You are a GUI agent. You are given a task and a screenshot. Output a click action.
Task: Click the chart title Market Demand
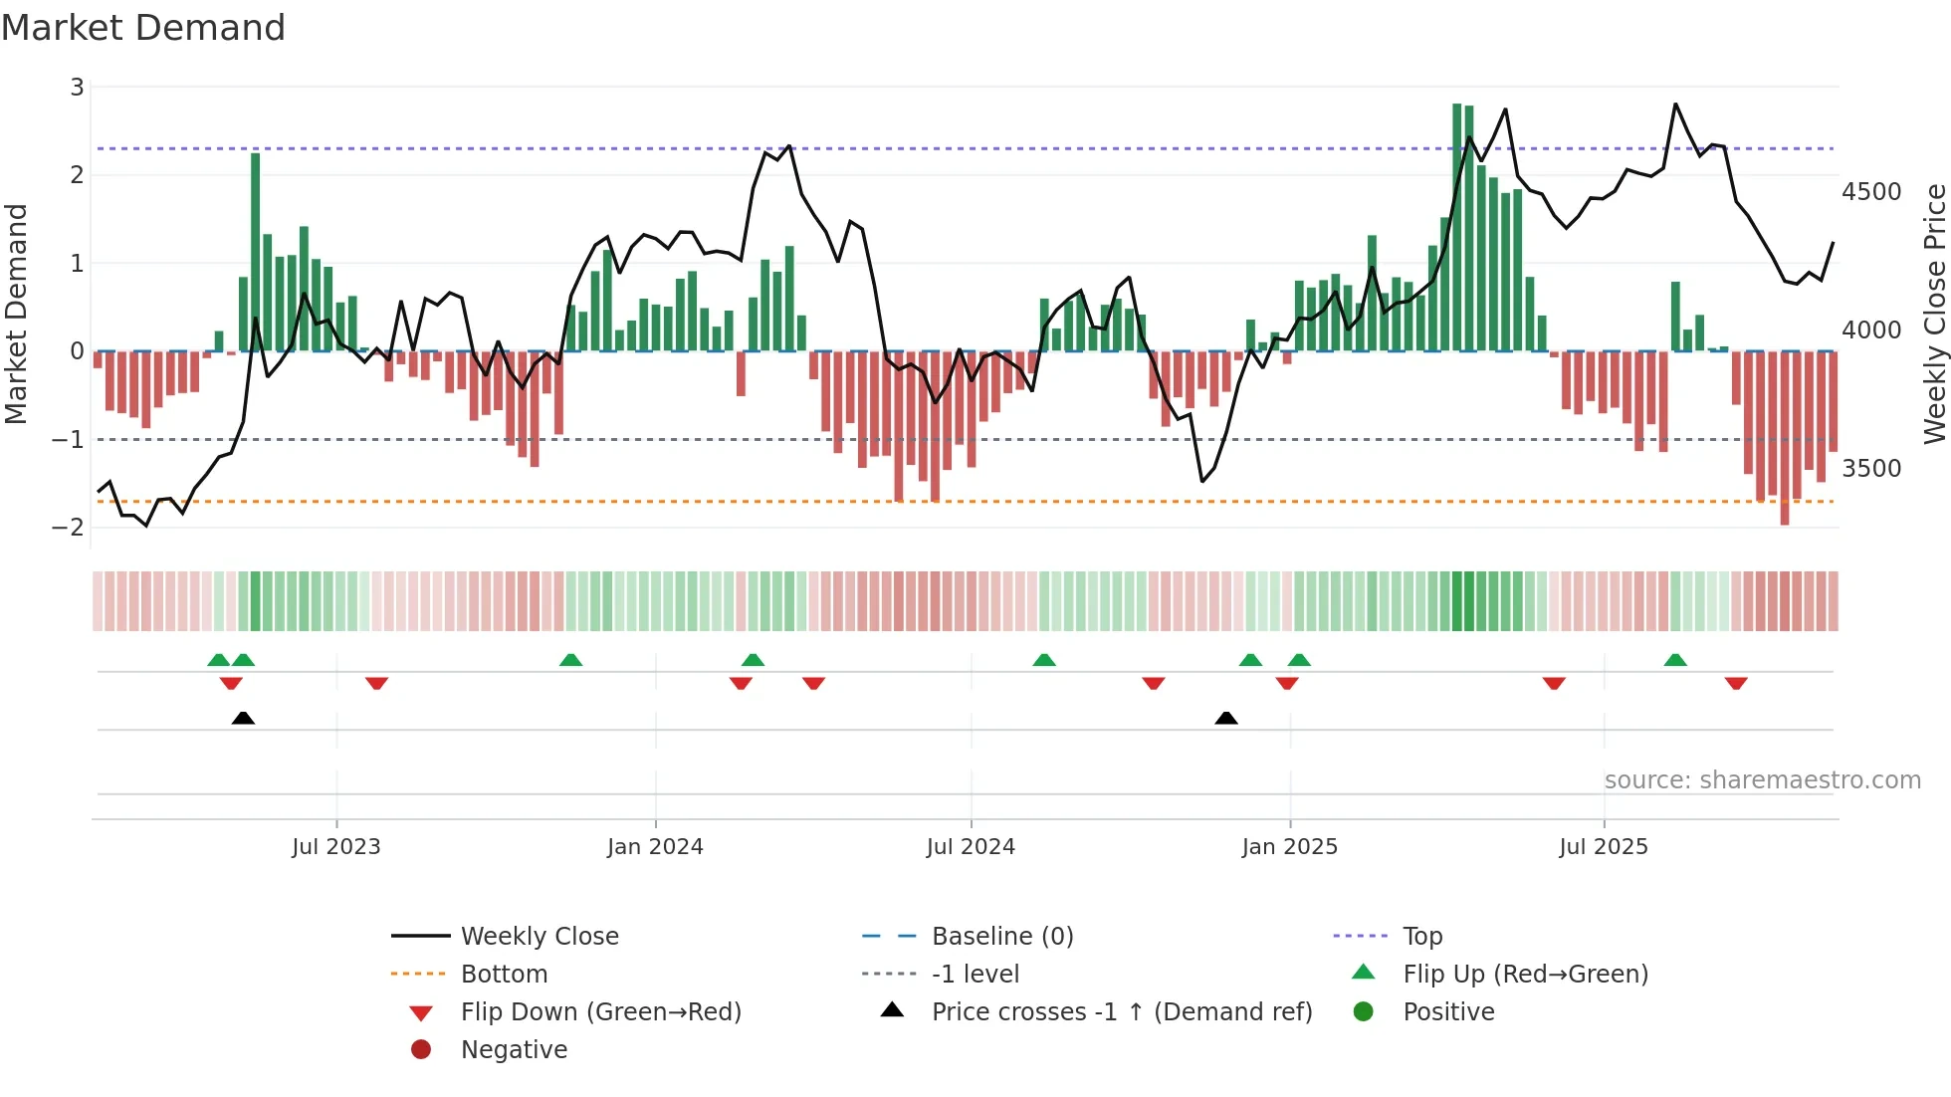tap(143, 28)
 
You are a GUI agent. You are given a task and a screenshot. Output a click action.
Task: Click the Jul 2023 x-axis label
tap(335, 846)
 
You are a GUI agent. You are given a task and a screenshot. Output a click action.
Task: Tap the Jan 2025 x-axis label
tap(1289, 846)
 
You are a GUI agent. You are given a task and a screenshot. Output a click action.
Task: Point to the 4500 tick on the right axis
tap(1870, 191)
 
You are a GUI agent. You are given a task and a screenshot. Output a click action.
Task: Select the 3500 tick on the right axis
tap(1870, 468)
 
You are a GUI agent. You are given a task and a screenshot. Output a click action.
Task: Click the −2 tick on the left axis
tap(68, 527)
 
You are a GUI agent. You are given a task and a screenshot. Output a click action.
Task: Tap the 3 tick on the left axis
tap(77, 88)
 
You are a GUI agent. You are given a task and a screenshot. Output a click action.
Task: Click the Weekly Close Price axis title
tap(1934, 314)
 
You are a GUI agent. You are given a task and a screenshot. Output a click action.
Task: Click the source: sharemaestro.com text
tap(1762, 779)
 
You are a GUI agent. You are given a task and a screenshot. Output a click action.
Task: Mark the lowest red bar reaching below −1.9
tap(1785, 438)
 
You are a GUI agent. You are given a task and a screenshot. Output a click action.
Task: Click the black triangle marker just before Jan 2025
tap(1226, 718)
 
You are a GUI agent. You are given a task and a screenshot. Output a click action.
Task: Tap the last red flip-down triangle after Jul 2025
tap(1736, 684)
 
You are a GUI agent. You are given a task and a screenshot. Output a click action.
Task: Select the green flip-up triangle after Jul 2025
tap(1675, 660)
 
